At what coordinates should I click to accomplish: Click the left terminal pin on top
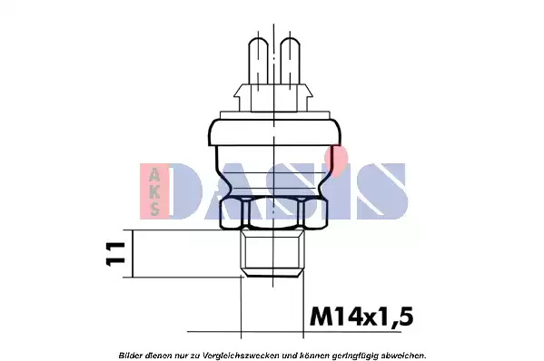tap(259, 62)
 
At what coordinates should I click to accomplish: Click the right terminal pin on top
tap(290, 62)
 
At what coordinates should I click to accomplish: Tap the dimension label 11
tap(115, 254)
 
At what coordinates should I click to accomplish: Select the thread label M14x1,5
tap(361, 317)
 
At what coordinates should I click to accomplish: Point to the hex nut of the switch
tap(273, 212)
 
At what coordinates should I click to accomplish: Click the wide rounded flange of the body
tap(274, 132)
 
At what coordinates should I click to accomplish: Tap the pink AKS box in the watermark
tap(154, 191)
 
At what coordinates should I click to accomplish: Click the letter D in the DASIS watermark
tap(187, 191)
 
